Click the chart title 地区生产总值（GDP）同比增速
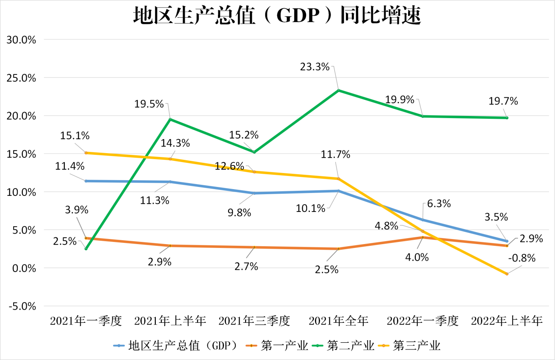pos(277,16)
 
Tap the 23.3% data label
pos(315,66)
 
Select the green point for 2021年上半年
pos(170,119)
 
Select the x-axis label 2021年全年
pos(338,321)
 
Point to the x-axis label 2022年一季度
pos(422,321)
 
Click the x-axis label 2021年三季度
pos(254,321)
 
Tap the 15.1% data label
pos(75,136)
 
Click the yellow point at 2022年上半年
pos(507,274)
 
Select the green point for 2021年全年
pos(338,90)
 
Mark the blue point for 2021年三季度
pos(254,193)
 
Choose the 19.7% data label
pos(503,102)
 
